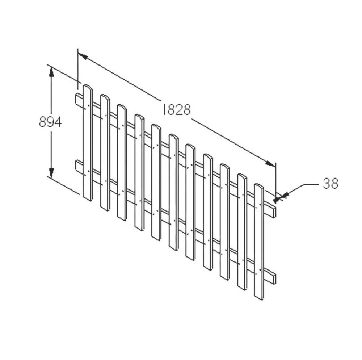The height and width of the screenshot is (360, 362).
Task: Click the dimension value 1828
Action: pyautogui.click(x=177, y=109)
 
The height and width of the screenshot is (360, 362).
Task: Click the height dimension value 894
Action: pyautogui.click(x=50, y=122)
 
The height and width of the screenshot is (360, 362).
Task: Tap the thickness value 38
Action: pyautogui.click(x=331, y=184)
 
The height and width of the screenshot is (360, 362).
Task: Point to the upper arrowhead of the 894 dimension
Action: pyautogui.click(x=51, y=72)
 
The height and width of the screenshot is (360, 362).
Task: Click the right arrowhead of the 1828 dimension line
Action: pyautogui.click(x=270, y=163)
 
